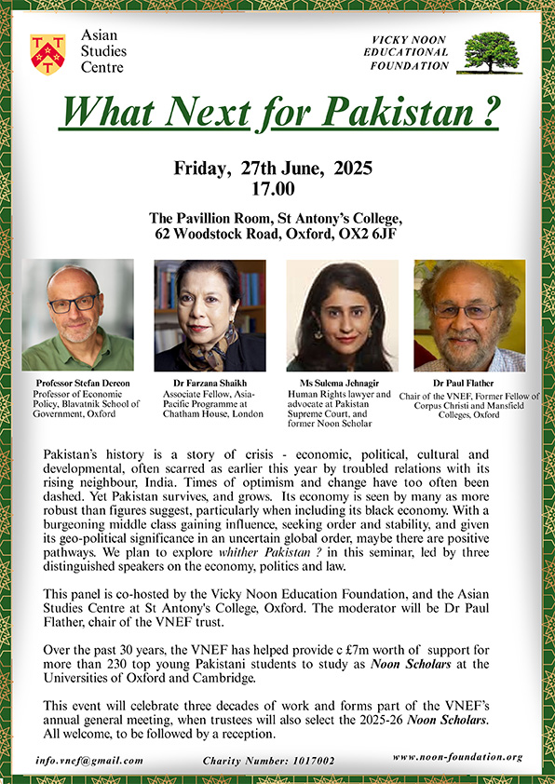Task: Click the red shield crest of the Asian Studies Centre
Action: pos(47,55)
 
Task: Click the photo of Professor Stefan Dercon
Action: pos(77,315)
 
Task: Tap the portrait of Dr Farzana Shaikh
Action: pos(210,315)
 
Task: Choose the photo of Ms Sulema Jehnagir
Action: pos(342,315)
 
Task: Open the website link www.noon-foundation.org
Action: pos(470,758)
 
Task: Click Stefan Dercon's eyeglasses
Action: pos(74,304)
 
